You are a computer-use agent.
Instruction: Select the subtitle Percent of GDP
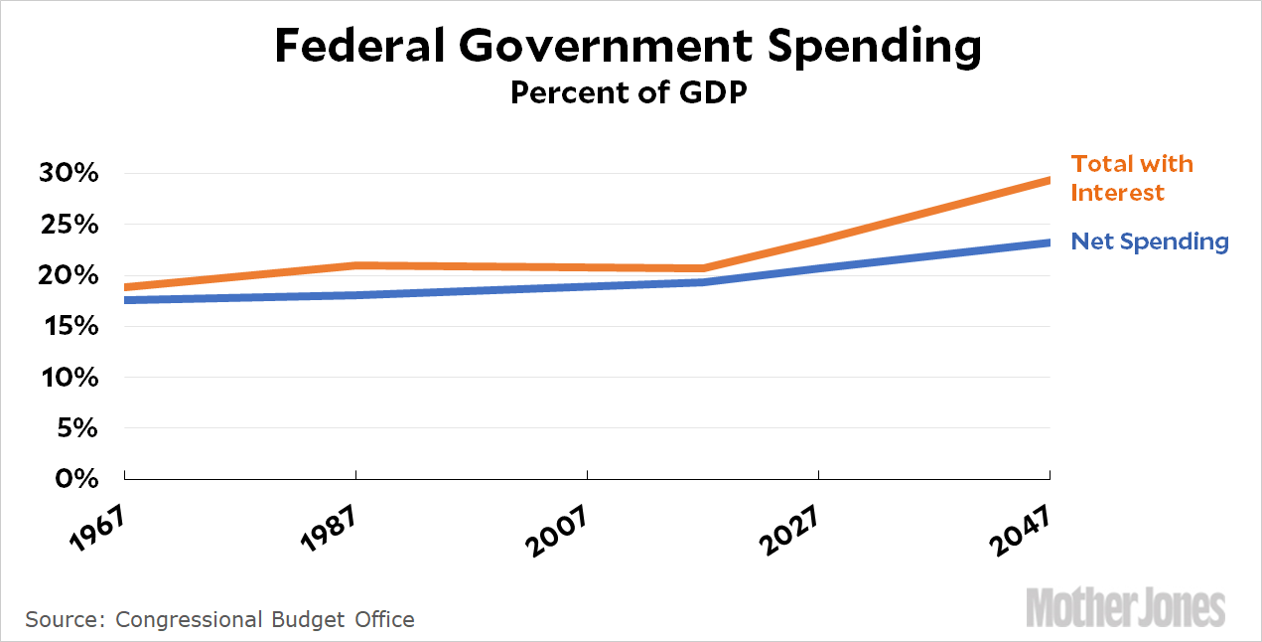pos(628,92)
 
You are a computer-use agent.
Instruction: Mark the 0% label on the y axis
pos(80,479)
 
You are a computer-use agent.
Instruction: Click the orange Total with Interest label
pos(1131,178)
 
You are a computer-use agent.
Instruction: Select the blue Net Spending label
pos(1150,241)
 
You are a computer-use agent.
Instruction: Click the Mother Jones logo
pos(1125,606)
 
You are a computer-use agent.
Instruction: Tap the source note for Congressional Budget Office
pos(219,619)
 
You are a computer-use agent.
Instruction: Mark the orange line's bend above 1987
pos(356,265)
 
